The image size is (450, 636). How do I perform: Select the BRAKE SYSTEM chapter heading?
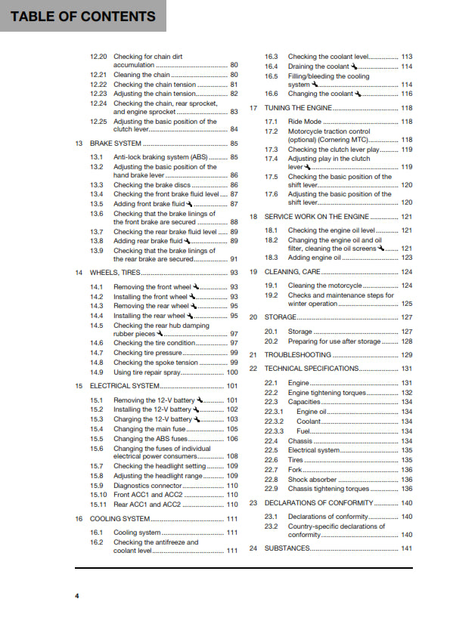116,143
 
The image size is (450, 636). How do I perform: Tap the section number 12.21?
98,76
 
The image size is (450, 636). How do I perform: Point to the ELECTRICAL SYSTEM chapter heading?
123,386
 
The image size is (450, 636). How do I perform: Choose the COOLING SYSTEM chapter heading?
119,519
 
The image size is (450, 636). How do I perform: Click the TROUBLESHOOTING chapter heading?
296,354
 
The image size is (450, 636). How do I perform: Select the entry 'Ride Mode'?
305,122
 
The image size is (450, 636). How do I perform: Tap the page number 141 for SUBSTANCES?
406,548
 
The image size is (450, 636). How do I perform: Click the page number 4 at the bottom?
76,596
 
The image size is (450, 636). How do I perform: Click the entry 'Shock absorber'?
312,480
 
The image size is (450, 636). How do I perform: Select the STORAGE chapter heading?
280,317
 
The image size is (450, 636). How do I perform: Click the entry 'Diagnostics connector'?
148,486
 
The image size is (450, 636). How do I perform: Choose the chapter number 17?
254,108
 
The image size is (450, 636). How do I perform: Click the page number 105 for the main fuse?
232,429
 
